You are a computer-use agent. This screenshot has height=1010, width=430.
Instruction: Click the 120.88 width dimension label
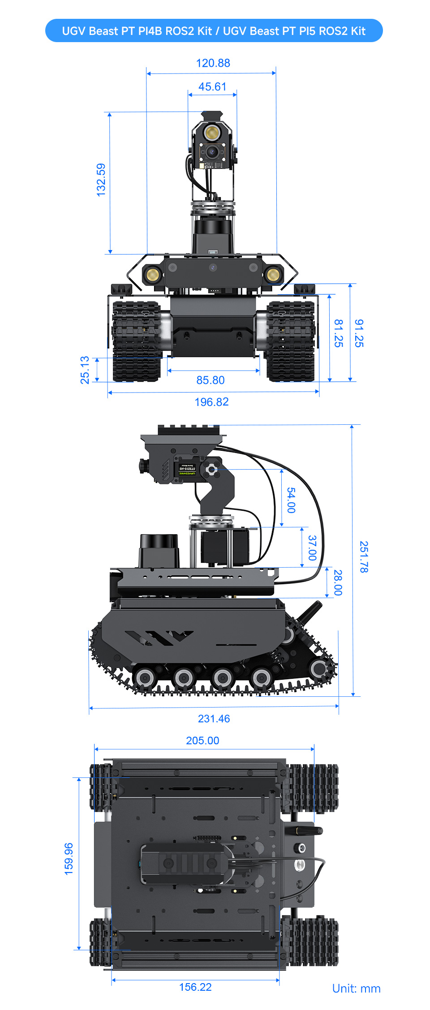point(213,63)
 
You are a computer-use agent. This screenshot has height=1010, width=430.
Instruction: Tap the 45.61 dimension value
point(212,86)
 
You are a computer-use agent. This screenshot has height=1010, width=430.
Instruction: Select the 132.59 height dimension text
point(101,180)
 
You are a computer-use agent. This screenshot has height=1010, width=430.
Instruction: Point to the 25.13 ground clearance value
point(85,370)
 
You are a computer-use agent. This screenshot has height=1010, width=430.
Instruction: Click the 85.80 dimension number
point(211,380)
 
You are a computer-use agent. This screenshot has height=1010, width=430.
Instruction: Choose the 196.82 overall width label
point(211,402)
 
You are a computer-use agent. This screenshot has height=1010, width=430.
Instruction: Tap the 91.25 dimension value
point(359,333)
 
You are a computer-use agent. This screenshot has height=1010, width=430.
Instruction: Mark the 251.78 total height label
point(364,557)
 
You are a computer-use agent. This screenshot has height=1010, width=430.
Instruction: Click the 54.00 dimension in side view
point(291,500)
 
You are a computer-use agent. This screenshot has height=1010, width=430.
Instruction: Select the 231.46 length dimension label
point(214,719)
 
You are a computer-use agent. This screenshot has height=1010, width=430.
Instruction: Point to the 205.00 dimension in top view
point(202,741)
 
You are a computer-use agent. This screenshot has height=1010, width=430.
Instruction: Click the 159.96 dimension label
point(69,859)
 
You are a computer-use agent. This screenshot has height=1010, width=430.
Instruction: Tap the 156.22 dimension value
point(195,987)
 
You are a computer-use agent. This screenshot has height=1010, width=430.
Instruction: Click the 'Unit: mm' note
point(356,989)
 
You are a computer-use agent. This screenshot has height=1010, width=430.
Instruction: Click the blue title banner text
point(214,31)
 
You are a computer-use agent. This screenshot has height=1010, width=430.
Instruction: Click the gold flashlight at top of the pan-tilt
point(211,133)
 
